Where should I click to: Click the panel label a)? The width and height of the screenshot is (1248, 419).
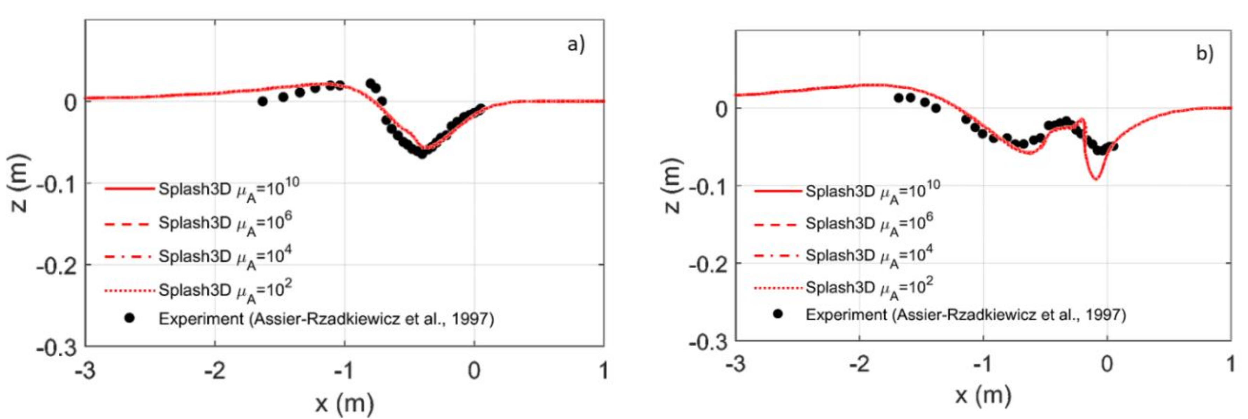point(575,44)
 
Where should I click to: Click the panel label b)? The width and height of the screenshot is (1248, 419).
point(1204,53)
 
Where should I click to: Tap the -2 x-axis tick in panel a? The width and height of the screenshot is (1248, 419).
point(215,371)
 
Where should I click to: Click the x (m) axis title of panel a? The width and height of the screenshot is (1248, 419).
point(345,403)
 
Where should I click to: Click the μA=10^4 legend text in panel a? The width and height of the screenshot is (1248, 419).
point(225,256)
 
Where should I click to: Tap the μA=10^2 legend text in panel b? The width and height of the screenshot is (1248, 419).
point(870,288)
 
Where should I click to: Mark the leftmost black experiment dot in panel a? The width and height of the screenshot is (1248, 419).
point(263,102)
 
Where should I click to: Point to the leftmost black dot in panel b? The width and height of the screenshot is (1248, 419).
point(899,98)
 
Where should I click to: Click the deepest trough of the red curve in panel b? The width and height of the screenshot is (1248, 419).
point(1096,179)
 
